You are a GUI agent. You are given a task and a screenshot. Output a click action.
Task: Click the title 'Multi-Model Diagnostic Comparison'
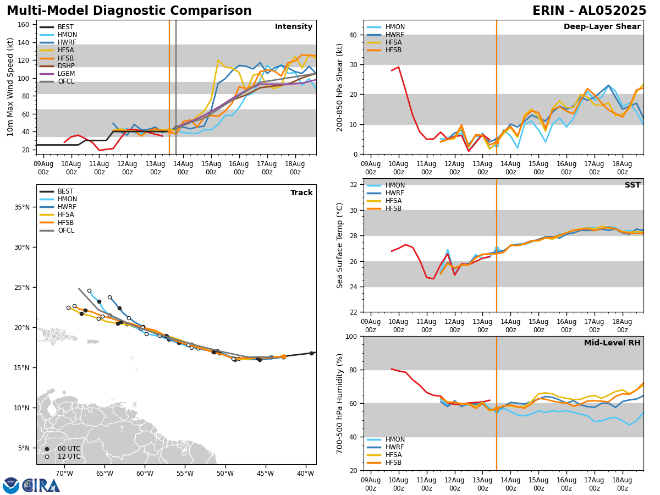click(x=129, y=11)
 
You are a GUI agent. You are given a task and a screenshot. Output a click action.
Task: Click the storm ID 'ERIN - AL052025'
click(x=589, y=11)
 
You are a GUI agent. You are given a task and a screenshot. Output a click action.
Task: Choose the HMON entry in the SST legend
click(x=395, y=185)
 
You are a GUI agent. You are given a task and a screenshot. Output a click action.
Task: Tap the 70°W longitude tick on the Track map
click(x=64, y=474)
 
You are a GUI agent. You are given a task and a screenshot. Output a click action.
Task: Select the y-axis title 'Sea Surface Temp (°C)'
click(x=340, y=245)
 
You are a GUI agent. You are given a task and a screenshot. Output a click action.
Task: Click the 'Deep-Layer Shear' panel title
click(x=602, y=27)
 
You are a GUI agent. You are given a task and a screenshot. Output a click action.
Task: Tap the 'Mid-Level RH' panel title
click(x=612, y=343)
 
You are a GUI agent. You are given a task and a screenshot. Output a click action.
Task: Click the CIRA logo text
click(x=41, y=486)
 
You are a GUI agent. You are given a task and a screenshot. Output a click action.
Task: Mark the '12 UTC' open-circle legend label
click(x=69, y=457)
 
